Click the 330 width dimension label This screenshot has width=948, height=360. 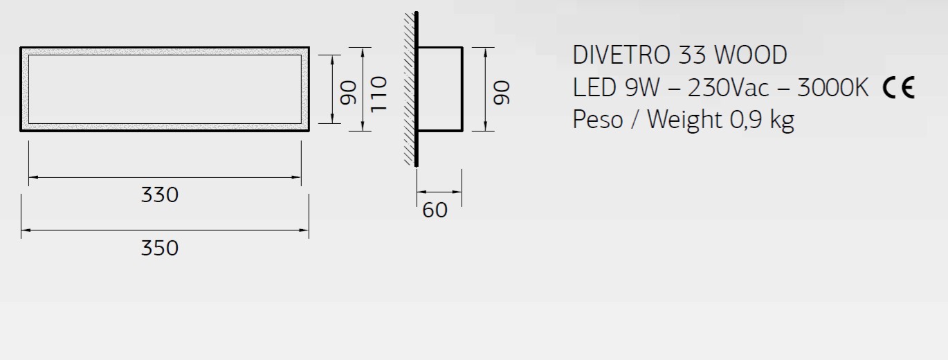(160, 195)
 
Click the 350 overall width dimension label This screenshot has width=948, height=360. (160, 247)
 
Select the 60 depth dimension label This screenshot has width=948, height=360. (435, 210)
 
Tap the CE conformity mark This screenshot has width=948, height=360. (899, 88)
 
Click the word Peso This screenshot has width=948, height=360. (597, 120)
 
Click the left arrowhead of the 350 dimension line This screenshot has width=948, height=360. (24, 230)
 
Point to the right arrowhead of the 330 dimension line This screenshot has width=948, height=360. (298, 178)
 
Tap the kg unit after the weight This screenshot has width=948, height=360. (782, 120)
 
